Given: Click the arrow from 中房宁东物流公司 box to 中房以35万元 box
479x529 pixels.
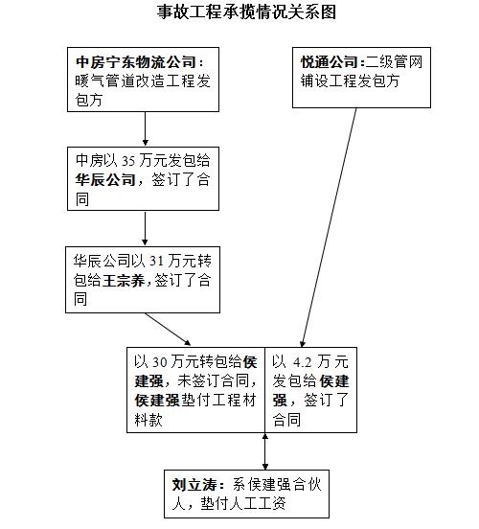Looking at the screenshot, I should coord(145,127).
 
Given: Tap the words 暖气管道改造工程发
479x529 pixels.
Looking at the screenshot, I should coord(139,81).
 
